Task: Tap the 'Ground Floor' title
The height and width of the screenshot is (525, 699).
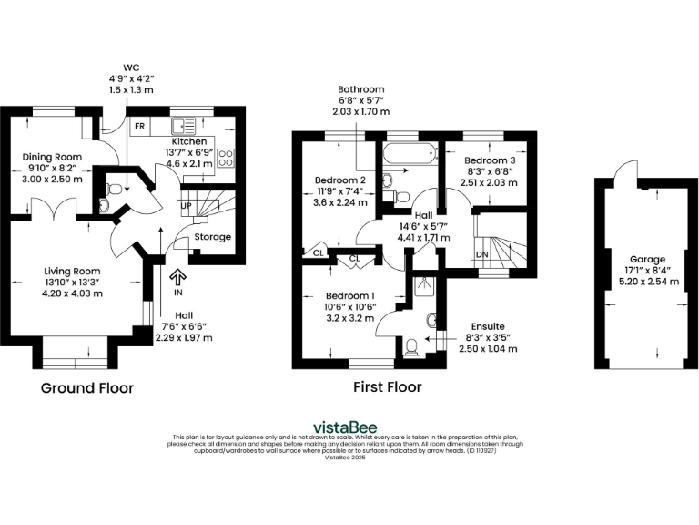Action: click(87, 388)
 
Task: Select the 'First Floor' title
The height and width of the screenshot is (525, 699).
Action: click(387, 387)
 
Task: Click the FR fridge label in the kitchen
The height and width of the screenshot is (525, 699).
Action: click(140, 126)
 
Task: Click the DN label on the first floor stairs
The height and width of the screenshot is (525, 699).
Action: click(482, 253)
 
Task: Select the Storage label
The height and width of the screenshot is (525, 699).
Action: click(214, 237)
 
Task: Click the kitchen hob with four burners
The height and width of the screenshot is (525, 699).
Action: click(227, 160)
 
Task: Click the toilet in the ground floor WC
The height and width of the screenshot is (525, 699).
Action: click(114, 190)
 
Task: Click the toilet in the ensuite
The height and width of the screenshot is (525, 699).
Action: click(410, 346)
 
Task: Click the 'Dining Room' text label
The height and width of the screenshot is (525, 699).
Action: click(52, 157)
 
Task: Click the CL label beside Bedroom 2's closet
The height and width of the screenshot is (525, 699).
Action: click(319, 253)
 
